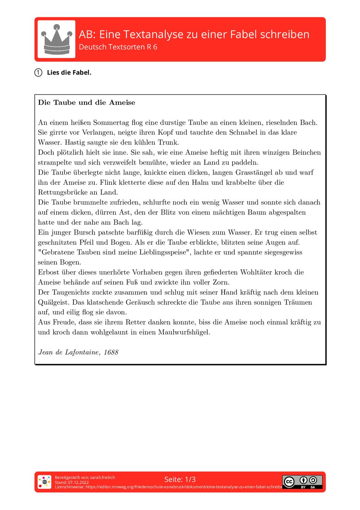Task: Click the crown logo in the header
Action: click(x=57, y=39)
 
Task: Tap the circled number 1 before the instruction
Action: click(x=39, y=73)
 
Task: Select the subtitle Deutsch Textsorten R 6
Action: click(x=118, y=47)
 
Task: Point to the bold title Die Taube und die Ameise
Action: click(x=86, y=103)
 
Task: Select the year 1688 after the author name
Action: click(x=111, y=352)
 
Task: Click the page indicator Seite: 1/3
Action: click(x=180, y=479)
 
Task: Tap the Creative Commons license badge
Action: click(x=302, y=482)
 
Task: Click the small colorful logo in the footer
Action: click(x=44, y=482)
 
